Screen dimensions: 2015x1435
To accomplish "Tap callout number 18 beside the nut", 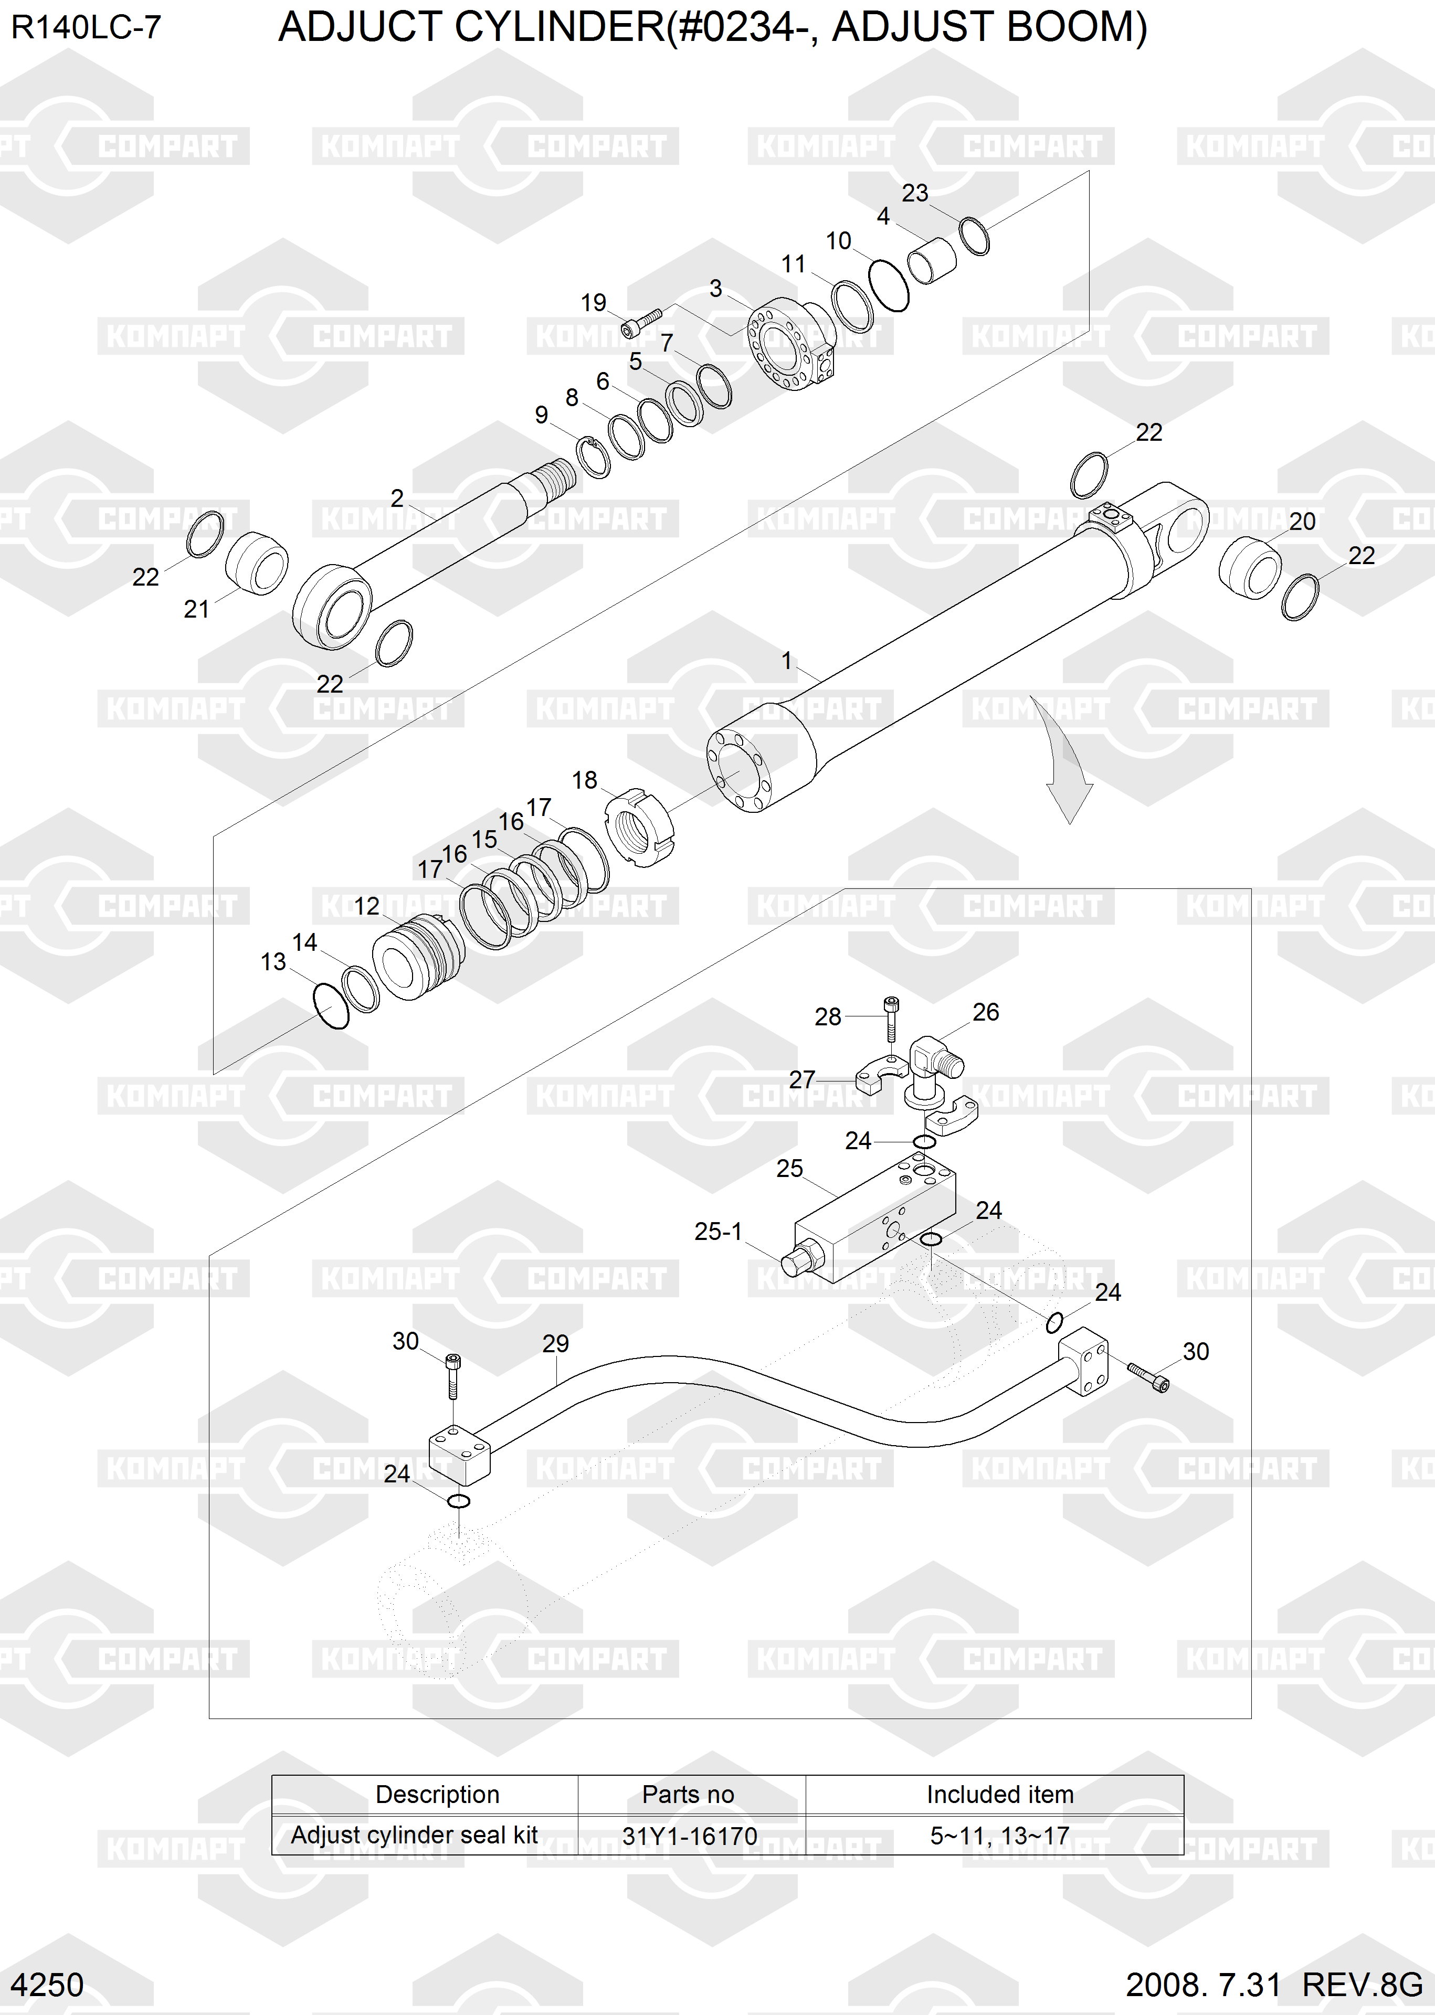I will (584, 780).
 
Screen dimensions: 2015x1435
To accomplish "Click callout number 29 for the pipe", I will (555, 1344).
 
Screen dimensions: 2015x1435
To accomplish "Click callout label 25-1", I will (717, 1232).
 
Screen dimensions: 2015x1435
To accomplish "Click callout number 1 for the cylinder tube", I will (786, 661).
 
